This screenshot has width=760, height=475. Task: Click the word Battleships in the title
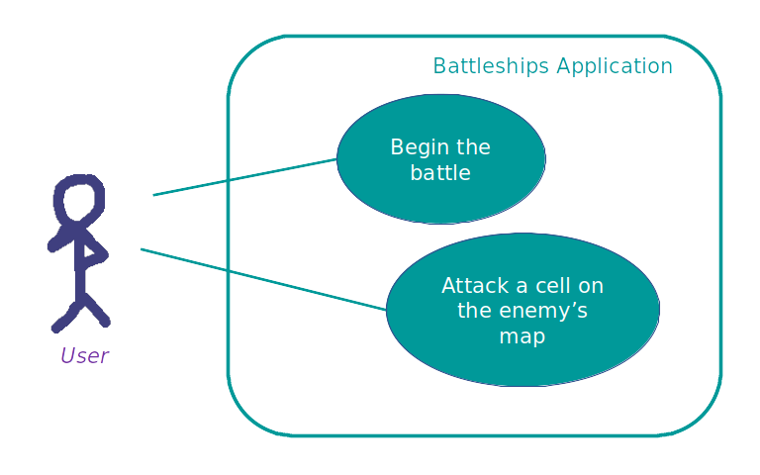[x=491, y=66]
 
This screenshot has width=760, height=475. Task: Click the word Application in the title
[x=615, y=66]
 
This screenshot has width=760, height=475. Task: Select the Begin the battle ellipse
[x=441, y=159]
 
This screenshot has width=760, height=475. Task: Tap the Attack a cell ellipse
[x=522, y=310]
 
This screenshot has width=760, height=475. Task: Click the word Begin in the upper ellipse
[x=417, y=147]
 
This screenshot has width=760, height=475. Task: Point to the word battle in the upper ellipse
[x=440, y=172]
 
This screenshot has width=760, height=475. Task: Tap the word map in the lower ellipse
[x=522, y=336]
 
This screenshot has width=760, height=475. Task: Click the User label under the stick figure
[x=85, y=356]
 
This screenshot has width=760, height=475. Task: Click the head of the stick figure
[x=79, y=199]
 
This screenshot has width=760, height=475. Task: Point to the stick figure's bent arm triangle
[x=93, y=252]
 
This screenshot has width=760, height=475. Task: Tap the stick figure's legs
[x=81, y=313]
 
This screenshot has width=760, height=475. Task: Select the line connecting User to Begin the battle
[x=244, y=177]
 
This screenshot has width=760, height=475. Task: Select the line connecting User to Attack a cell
[x=263, y=279]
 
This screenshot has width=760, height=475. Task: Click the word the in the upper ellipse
[x=474, y=147]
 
